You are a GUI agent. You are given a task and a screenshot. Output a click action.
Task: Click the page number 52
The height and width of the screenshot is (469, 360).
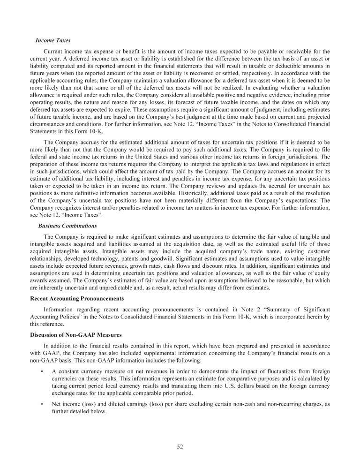(x=180, y=446)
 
